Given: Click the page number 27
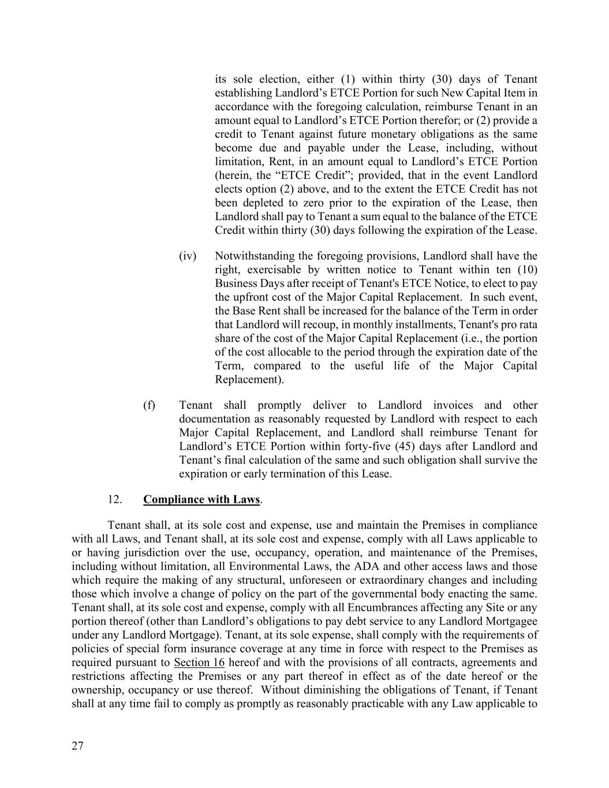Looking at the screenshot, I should [x=77, y=746].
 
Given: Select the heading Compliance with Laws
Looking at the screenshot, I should [x=201, y=499].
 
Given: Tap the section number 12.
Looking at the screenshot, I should [x=114, y=499].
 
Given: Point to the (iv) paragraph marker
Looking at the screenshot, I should [x=188, y=256].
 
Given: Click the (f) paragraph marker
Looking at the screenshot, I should [x=149, y=405].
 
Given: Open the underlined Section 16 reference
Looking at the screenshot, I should [x=199, y=662].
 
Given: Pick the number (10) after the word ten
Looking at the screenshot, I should [x=526, y=270].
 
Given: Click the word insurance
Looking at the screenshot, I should [x=227, y=649].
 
